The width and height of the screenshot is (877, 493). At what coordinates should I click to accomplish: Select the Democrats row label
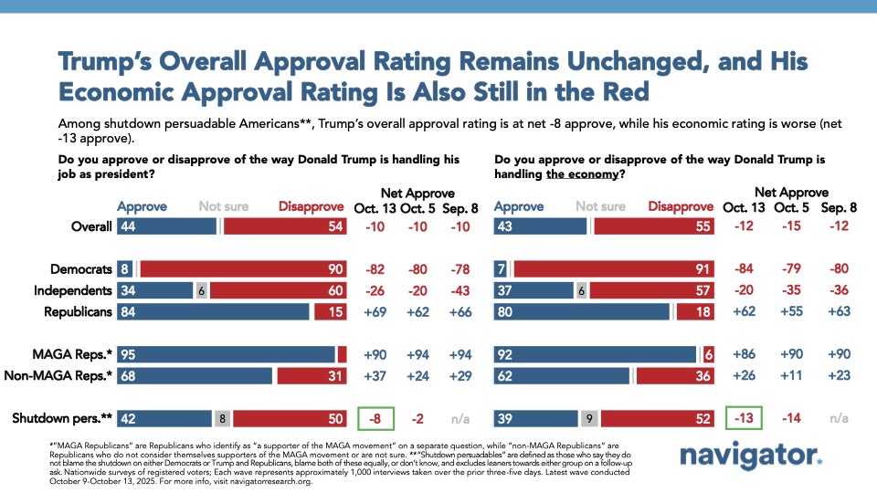[x=82, y=269]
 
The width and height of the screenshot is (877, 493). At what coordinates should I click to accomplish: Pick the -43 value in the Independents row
[x=461, y=291]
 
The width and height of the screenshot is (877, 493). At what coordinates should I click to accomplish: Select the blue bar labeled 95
[x=226, y=354]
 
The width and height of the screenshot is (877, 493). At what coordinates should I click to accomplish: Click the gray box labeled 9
[x=590, y=419]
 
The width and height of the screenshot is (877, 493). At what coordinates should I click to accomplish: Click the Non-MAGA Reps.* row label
[x=59, y=376]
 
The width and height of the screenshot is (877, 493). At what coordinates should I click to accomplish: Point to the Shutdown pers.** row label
[x=61, y=419]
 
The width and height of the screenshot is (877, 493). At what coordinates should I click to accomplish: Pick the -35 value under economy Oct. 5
[x=787, y=291]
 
